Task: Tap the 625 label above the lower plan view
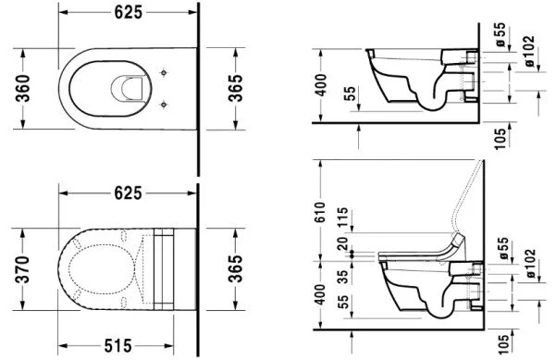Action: tap(129, 192)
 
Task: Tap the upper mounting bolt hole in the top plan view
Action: tap(165, 72)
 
